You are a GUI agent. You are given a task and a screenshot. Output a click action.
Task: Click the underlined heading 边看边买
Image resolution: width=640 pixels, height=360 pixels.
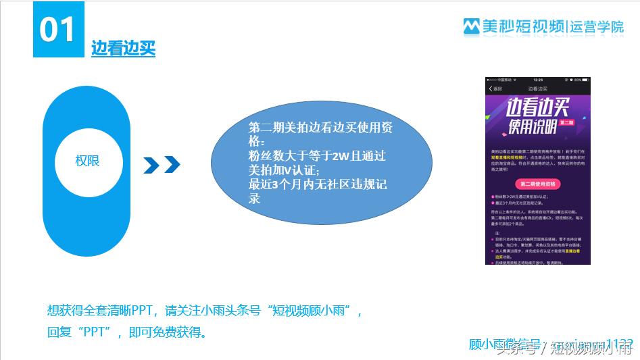123,49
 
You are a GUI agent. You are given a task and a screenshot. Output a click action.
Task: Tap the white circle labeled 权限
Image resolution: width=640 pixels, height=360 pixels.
87,161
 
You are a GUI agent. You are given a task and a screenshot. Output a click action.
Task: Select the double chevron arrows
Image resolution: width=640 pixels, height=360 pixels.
162,164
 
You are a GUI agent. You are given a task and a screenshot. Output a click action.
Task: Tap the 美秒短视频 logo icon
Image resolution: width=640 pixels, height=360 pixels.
470,26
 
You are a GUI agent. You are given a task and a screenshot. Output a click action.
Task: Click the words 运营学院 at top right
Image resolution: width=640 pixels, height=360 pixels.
597,26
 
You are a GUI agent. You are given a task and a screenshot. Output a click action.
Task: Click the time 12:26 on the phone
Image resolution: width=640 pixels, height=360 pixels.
538,80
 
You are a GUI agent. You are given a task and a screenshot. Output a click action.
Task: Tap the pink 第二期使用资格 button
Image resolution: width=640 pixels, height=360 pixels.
537,184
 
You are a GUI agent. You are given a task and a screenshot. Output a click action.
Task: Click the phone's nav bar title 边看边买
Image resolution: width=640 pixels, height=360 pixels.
538,88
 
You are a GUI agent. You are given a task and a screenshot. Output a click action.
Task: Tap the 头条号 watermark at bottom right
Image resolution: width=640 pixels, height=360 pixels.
516,350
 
